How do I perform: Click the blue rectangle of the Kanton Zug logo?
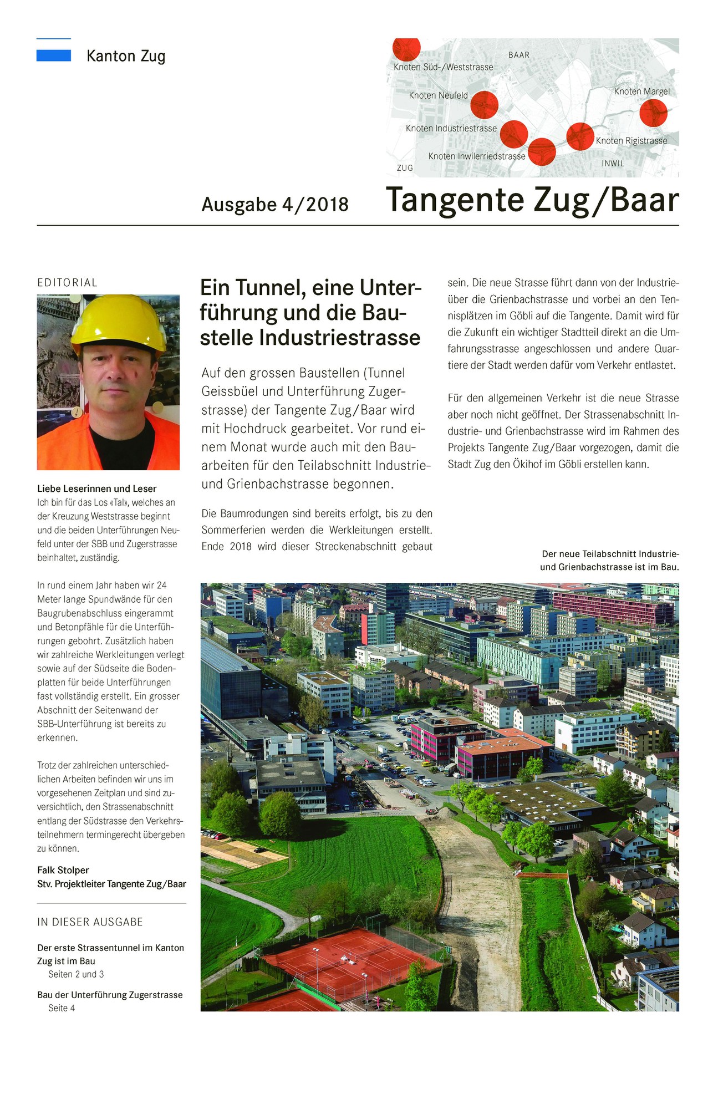point(53,55)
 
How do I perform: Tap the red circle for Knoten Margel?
point(653,113)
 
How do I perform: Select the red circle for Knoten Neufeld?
point(484,104)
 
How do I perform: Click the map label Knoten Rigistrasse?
point(631,141)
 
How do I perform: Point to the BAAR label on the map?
point(518,55)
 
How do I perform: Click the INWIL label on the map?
point(613,164)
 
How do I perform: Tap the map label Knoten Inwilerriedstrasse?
point(476,156)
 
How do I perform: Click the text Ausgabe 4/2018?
point(275,205)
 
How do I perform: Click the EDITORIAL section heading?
point(67,283)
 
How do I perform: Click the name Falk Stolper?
point(63,870)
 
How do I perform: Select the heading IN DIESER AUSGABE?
point(90,922)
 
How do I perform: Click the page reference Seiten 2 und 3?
point(76,974)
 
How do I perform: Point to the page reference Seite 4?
point(61,1008)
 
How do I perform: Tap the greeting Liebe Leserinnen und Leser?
point(96,489)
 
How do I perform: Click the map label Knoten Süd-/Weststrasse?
point(443,67)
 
